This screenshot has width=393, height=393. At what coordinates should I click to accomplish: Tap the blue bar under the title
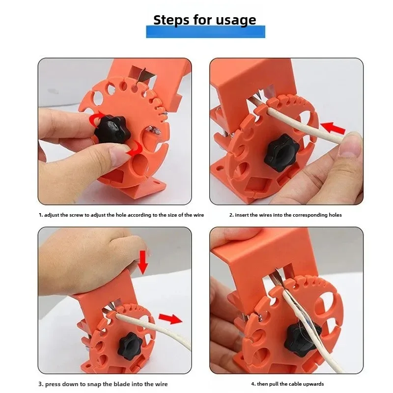click(205, 32)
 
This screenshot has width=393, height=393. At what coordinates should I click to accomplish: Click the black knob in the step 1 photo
click(112, 129)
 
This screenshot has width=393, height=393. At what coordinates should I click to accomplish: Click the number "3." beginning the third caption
click(40, 384)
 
